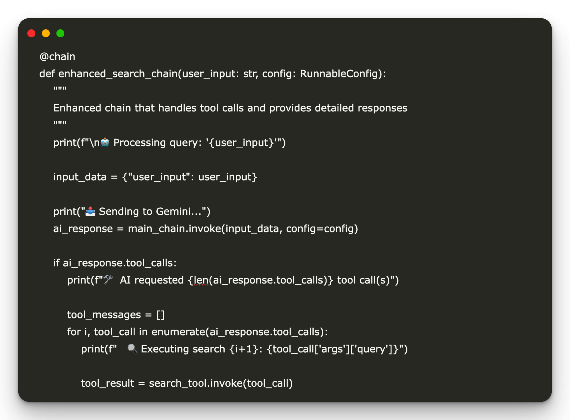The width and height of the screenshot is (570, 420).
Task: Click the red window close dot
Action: pyautogui.click(x=31, y=33)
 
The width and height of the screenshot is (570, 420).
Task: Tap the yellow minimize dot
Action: pyautogui.click(x=46, y=33)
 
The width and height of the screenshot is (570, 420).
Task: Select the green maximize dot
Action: pyautogui.click(x=60, y=33)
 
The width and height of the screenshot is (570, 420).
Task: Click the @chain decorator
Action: pyautogui.click(x=57, y=57)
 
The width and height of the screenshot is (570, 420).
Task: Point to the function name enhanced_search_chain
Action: pyautogui.click(x=118, y=74)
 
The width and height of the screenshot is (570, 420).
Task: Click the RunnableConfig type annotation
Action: pyautogui.click(x=341, y=74)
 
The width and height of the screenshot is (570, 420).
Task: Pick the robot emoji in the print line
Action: pyautogui.click(x=105, y=142)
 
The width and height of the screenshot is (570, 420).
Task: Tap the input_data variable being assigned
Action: pyautogui.click(x=80, y=177)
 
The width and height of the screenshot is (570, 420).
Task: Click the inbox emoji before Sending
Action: pyautogui.click(x=90, y=211)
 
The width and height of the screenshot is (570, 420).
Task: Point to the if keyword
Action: pyautogui.click(x=56, y=263)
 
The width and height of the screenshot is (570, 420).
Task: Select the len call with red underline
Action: pyautogui.click(x=201, y=280)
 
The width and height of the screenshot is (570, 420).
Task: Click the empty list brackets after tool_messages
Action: pyautogui.click(x=161, y=315)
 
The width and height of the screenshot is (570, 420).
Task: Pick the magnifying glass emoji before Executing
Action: pyautogui.click(x=132, y=349)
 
